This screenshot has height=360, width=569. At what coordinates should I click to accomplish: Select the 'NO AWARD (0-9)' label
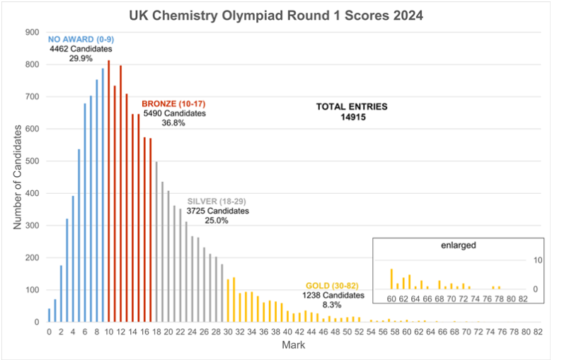76,40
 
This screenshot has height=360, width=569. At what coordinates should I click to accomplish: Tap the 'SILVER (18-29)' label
218,201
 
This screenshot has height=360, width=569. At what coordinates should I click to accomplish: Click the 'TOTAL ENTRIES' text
352,107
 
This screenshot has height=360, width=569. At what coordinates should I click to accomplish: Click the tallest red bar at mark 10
108,191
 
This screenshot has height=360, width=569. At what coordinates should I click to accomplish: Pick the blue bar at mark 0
49,315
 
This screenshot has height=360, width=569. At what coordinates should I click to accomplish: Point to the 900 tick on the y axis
32,32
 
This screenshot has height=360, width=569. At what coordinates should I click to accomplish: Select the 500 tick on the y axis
32,161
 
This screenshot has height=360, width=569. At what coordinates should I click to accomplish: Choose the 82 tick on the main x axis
538,331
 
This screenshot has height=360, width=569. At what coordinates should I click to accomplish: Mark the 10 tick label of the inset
537,261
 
